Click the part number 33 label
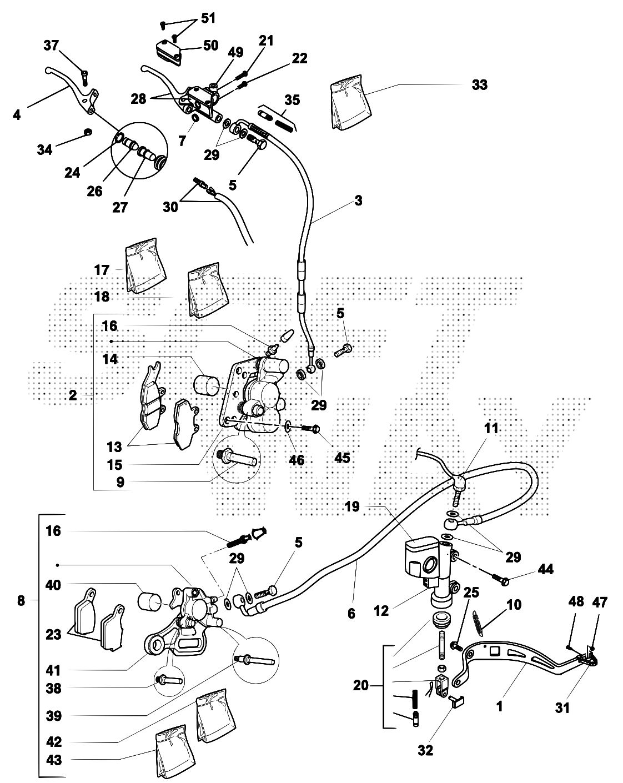coord(479,84)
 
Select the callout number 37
coord(52,46)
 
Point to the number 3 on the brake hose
coord(358,200)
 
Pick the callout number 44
coord(545,570)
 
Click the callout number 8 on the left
coord(21,600)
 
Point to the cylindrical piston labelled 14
coord(207,384)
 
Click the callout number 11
coord(491,429)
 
